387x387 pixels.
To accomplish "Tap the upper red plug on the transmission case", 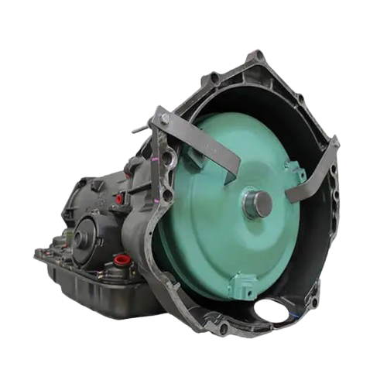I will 118,201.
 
